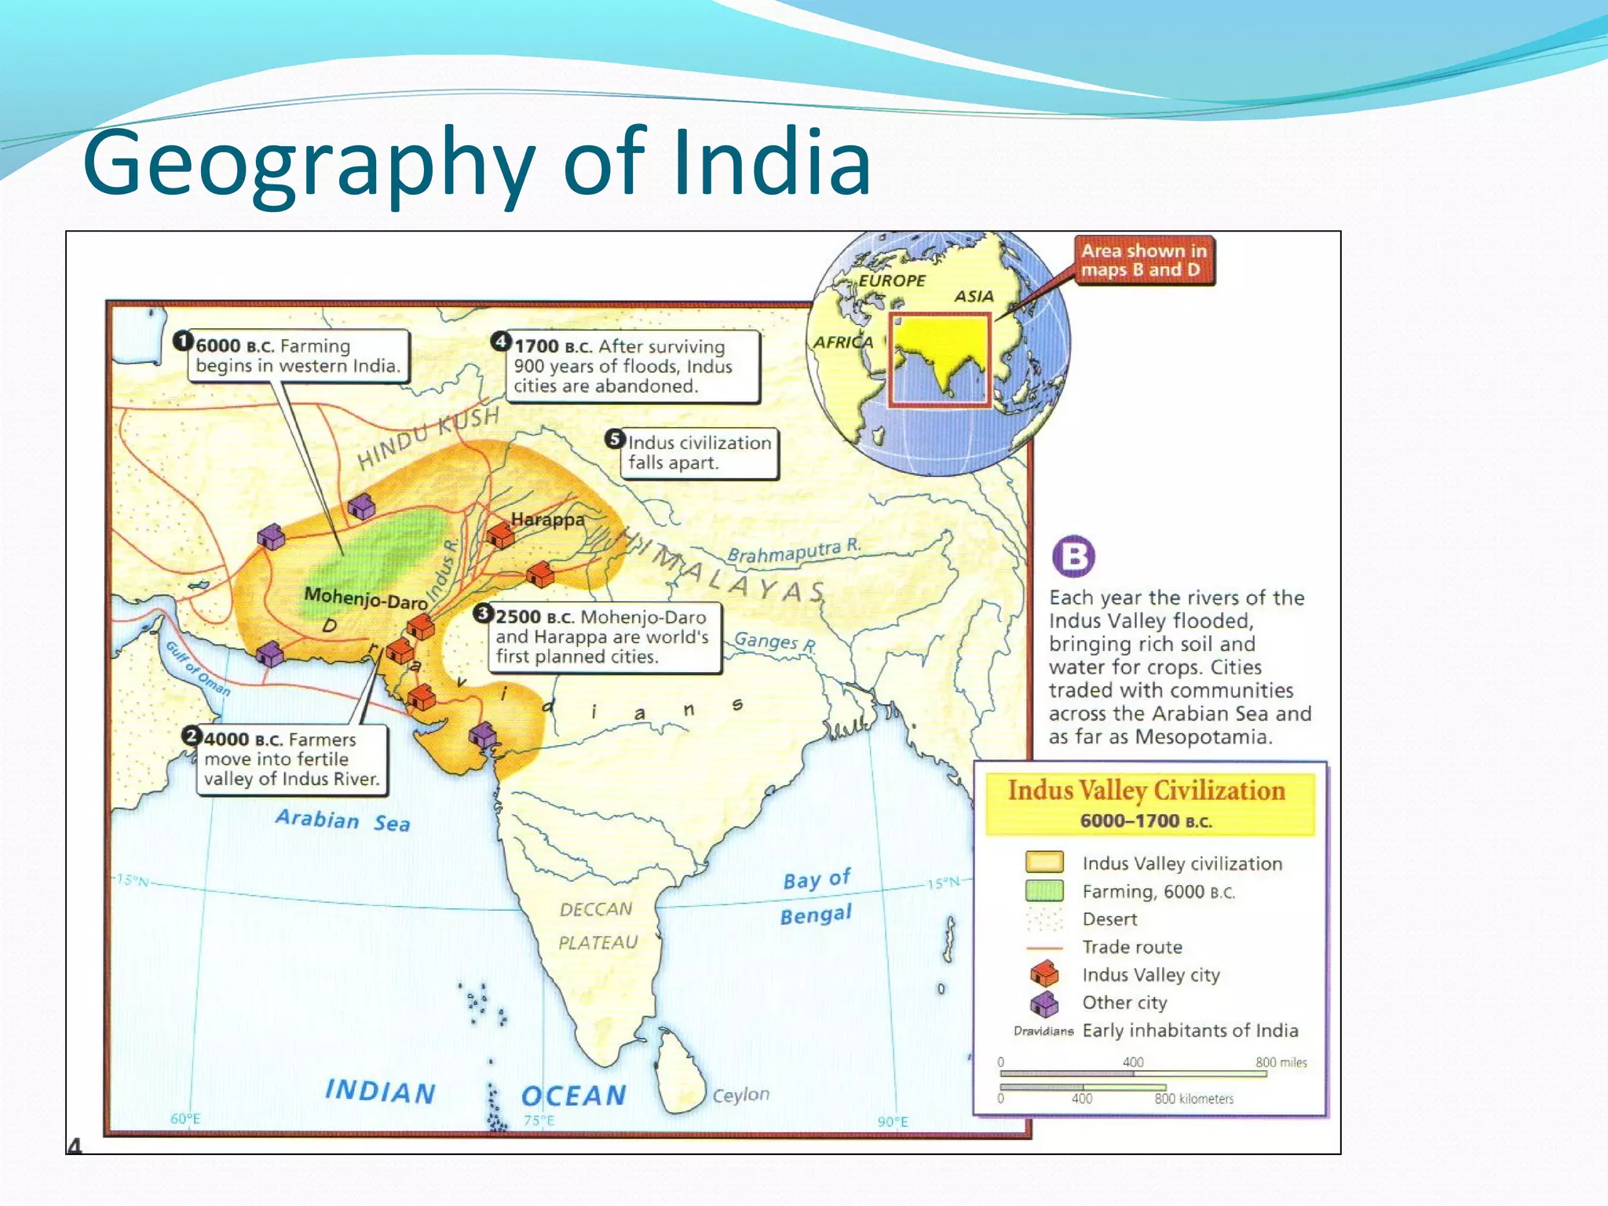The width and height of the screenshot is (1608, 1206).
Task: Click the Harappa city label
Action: pyautogui.click(x=547, y=519)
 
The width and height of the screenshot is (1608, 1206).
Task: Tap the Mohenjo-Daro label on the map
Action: pyautogui.click(x=365, y=599)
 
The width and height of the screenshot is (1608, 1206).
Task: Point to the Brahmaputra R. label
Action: pyautogui.click(x=794, y=551)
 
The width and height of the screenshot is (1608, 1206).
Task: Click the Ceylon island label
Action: pyautogui.click(x=740, y=1094)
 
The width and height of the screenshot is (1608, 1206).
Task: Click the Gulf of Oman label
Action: pyautogui.click(x=198, y=668)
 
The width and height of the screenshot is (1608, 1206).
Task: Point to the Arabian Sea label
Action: pyautogui.click(x=342, y=820)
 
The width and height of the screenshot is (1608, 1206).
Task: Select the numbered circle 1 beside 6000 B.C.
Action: pyautogui.click(x=183, y=341)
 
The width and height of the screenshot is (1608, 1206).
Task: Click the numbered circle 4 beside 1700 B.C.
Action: pyautogui.click(x=501, y=341)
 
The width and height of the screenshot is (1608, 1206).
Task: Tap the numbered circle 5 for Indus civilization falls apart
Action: pyautogui.click(x=615, y=439)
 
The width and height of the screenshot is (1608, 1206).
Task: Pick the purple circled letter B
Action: pyautogui.click(x=1073, y=557)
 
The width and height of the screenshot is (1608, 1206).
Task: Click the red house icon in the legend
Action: pyautogui.click(x=1044, y=974)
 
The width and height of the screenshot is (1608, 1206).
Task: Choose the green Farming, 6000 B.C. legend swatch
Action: pyautogui.click(x=1044, y=890)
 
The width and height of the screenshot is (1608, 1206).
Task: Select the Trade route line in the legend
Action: pyautogui.click(x=1044, y=948)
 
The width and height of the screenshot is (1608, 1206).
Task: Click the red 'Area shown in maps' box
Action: pyautogui.click(x=1143, y=261)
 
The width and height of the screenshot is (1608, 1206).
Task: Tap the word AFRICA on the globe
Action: pyautogui.click(x=842, y=342)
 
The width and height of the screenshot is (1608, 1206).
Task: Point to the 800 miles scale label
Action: pyautogui.click(x=1281, y=1062)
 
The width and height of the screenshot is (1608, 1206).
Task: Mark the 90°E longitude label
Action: pyautogui.click(x=893, y=1121)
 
